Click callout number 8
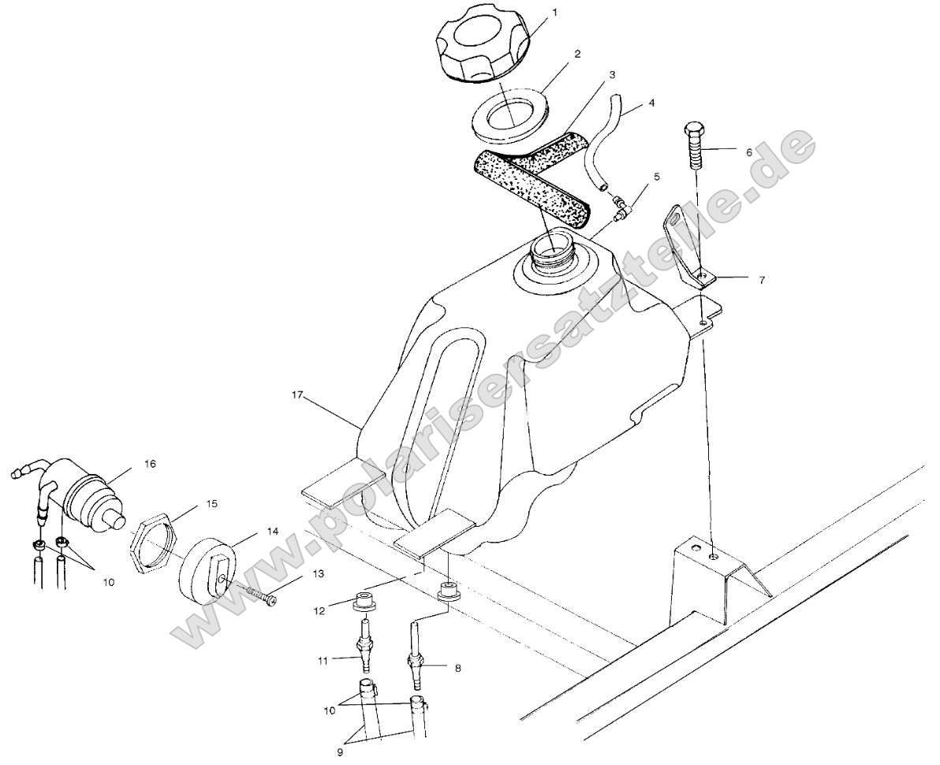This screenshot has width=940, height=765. click(x=458, y=668)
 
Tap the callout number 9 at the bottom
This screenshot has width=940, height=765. click(x=341, y=753)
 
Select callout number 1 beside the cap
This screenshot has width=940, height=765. click(x=554, y=13)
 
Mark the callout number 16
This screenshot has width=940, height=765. click(x=148, y=465)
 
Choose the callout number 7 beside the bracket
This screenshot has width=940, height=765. click(x=762, y=279)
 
